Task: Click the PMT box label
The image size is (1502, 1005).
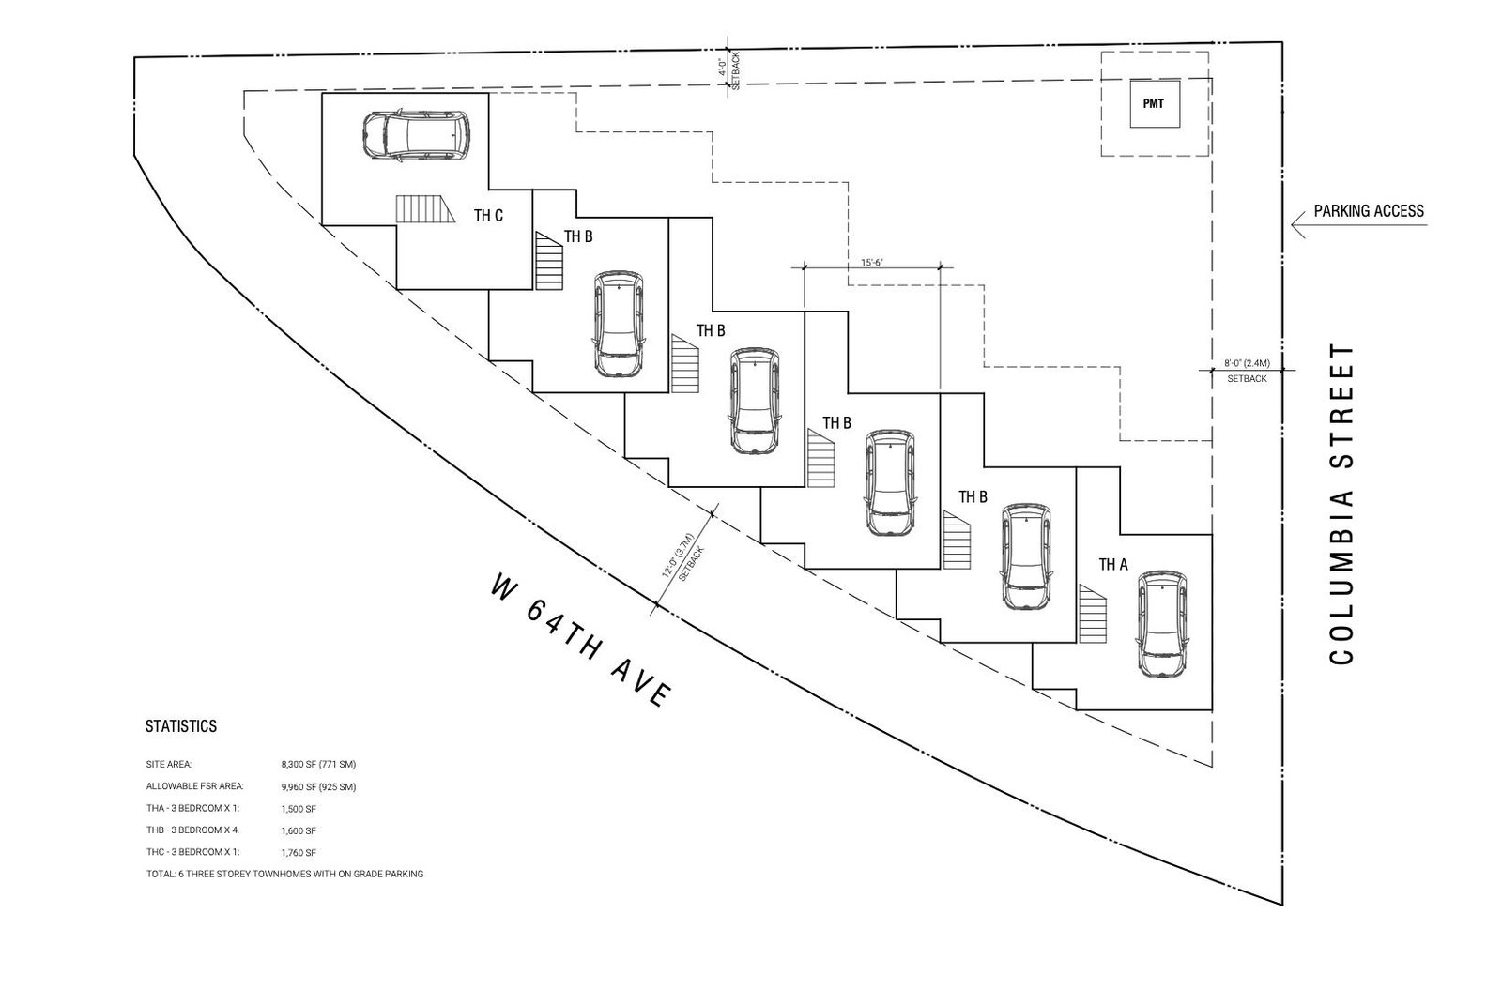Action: tap(1154, 104)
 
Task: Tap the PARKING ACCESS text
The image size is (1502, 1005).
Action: tap(1369, 210)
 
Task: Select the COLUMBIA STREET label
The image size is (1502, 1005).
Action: tap(1341, 504)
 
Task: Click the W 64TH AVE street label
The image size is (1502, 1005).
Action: tap(581, 640)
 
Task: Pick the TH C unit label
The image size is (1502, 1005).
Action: tap(488, 215)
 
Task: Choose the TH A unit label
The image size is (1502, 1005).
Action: tap(1113, 565)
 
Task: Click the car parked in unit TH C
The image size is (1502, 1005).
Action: tap(416, 135)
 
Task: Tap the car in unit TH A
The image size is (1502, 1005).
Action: tap(1162, 623)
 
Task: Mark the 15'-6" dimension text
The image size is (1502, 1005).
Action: tap(872, 263)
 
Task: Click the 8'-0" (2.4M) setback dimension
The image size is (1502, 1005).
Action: tap(1248, 363)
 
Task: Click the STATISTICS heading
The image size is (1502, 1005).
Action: tap(181, 726)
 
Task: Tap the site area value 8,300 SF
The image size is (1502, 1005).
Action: tap(318, 765)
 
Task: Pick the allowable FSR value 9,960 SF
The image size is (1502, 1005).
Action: tap(318, 787)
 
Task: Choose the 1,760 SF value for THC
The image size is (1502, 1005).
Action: tap(299, 853)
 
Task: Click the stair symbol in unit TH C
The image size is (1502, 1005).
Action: tap(425, 209)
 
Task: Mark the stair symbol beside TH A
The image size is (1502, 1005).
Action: tap(1093, 614)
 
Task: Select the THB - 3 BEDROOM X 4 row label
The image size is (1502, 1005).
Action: tap(192, 830)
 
